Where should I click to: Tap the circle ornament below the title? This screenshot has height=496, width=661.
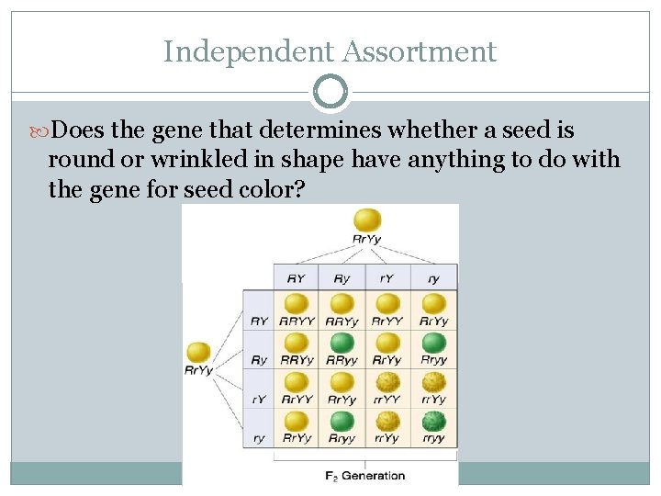click(x=330, y=92)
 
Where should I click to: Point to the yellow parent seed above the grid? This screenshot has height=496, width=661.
click(x=366, y=220)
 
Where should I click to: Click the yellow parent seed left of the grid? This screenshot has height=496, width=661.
click(x=198, y=352)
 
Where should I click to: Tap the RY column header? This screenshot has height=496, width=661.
click(x=296, y=277)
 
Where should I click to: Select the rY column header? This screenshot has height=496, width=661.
click(x=387, y=277)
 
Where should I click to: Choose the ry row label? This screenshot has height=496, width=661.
click(x=258, y=438)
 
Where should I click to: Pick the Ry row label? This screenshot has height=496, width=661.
click(x=259, y=360)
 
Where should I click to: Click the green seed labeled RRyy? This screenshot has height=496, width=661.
click(x=342, y=343)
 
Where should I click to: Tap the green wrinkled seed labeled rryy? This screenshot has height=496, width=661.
click(x=433, y=422)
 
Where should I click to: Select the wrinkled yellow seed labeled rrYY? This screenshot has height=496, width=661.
click(x=387, y=382)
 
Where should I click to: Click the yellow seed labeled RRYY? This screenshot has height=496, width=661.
click(x=296, y=303)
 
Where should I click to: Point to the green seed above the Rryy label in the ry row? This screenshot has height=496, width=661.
click(x=342, y=422)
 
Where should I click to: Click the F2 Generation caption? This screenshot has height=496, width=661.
click(x=365, y=476)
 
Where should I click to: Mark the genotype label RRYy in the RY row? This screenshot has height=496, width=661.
click(x=342, y=321)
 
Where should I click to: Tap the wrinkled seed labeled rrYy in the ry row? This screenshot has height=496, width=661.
click(x=387, y=422)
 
